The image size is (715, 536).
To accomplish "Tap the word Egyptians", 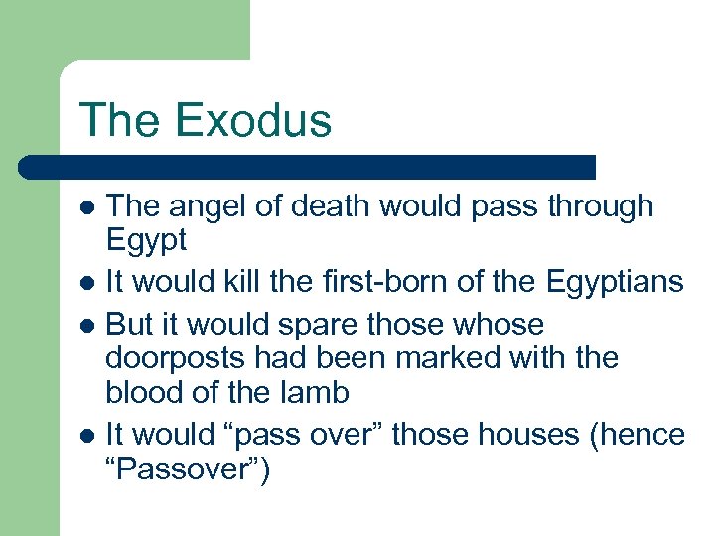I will [615, 283].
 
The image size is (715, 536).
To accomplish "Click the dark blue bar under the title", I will [308, 166].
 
